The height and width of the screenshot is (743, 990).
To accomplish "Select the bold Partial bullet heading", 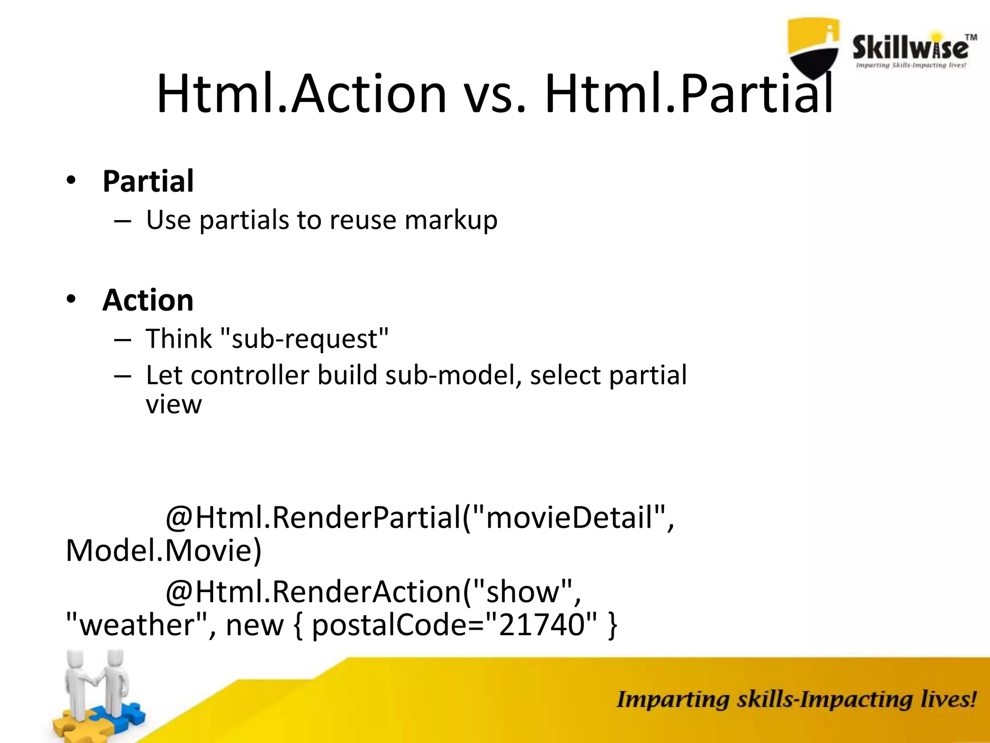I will coord(148,181).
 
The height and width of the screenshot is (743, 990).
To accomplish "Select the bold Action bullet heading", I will coord(148,300).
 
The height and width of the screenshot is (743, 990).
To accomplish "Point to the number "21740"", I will coord(541,624).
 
